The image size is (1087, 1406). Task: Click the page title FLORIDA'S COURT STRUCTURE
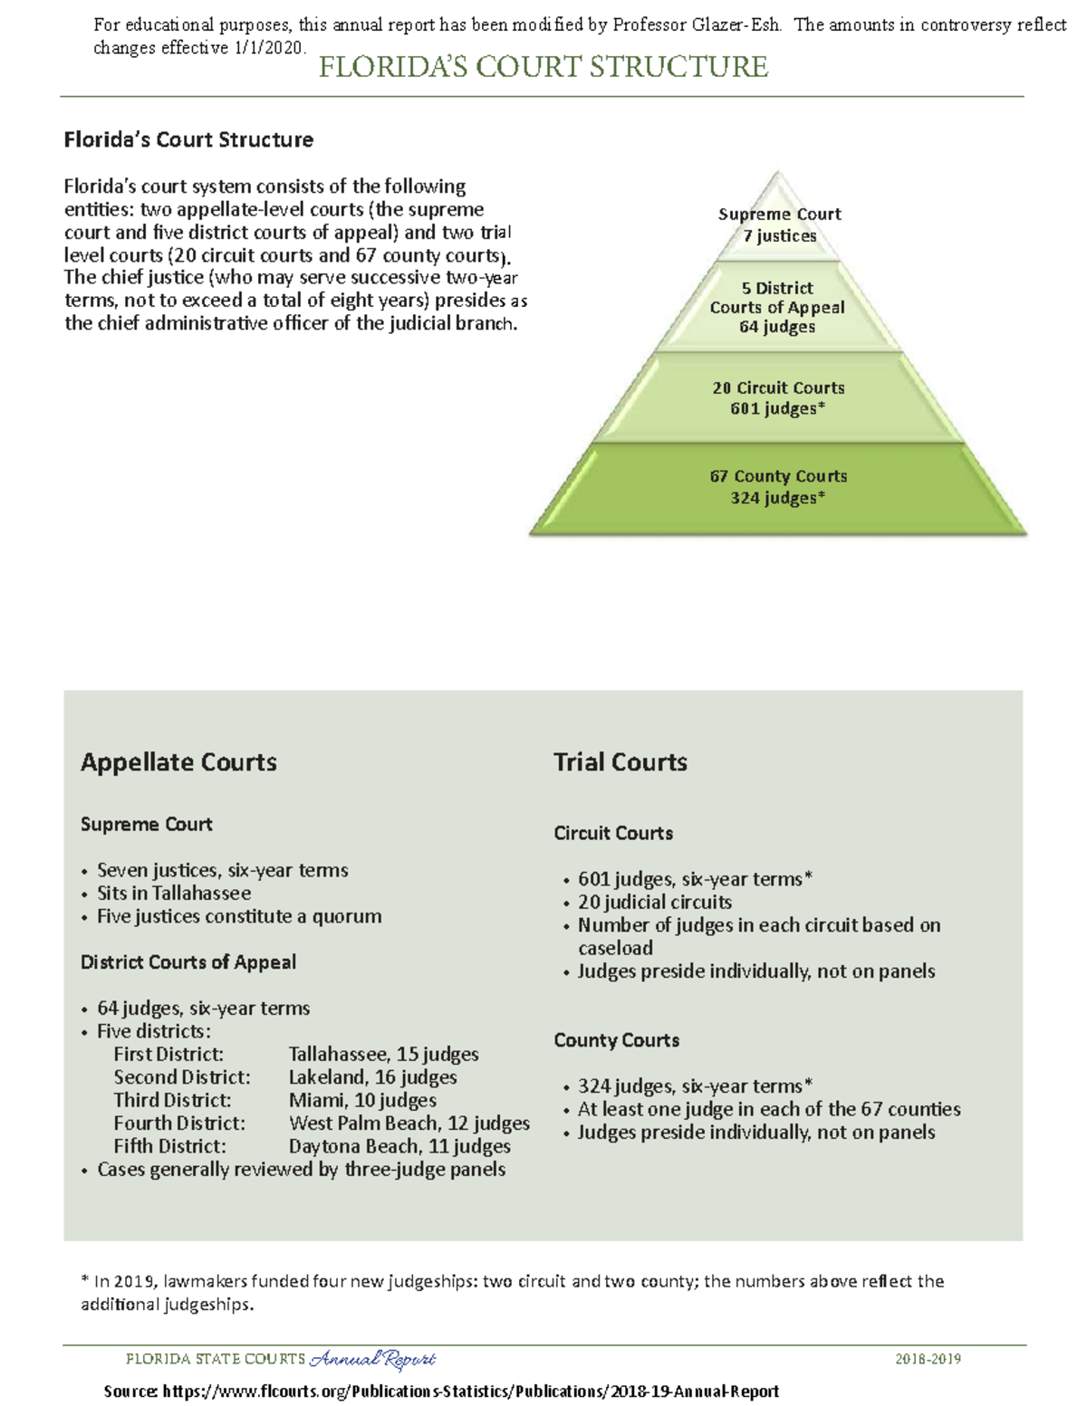coord(543,67)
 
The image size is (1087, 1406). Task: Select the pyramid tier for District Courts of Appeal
coord(777,308)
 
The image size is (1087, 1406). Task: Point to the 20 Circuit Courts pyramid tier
coord(778,398)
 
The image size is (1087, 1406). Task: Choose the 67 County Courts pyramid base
coord(778,487)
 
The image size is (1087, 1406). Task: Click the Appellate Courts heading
coord(178,762)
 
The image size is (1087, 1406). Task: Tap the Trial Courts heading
coord(620,762)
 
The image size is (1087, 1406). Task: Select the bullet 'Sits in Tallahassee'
coord(174,894)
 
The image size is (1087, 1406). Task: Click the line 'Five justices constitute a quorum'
coord(239,916)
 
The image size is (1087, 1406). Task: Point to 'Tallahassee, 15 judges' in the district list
coord(383,1055)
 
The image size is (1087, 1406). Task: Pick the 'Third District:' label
coord(172,1101)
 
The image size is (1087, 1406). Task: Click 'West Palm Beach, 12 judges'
coord(409,1124)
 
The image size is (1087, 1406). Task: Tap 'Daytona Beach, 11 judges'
coord(399,1147)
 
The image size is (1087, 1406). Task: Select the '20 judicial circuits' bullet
coord(654,903)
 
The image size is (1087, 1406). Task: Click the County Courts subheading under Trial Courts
coord(616,1040)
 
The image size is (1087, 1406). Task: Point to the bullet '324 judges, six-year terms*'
coord(695,1086)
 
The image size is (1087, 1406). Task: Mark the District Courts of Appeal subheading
coord(188,962)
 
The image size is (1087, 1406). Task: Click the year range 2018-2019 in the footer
coord(928,1359)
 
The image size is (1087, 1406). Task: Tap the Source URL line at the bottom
coord(441,1392)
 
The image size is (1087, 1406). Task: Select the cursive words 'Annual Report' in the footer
coord(372,1359)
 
